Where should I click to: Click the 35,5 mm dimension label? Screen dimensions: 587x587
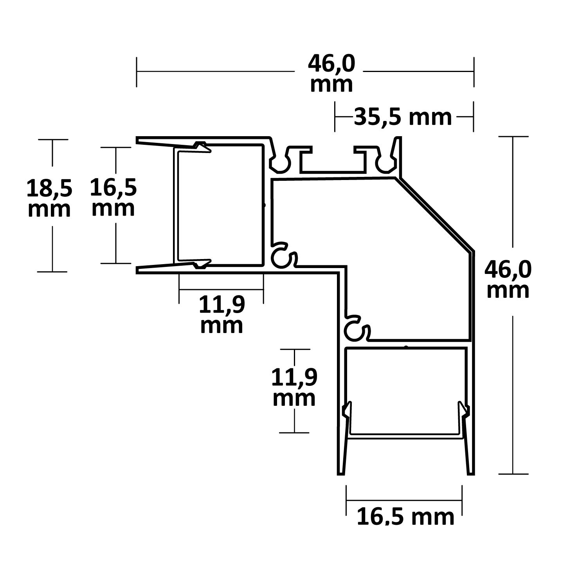pos(403,117)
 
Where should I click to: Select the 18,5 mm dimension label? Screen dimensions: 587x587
pos(49,198)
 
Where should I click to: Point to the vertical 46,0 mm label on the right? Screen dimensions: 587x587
pos(508,279)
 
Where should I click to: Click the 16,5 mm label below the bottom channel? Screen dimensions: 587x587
pos(405,517)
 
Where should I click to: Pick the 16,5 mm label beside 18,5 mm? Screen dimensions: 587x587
pos(113,197)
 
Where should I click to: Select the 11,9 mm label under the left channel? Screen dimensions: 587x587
pos(221,315)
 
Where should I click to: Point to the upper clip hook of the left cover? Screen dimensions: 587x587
pos(202,148)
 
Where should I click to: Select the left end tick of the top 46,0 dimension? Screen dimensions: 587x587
pos(137,72)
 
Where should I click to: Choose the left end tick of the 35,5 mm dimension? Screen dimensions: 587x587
pos(335,117)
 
